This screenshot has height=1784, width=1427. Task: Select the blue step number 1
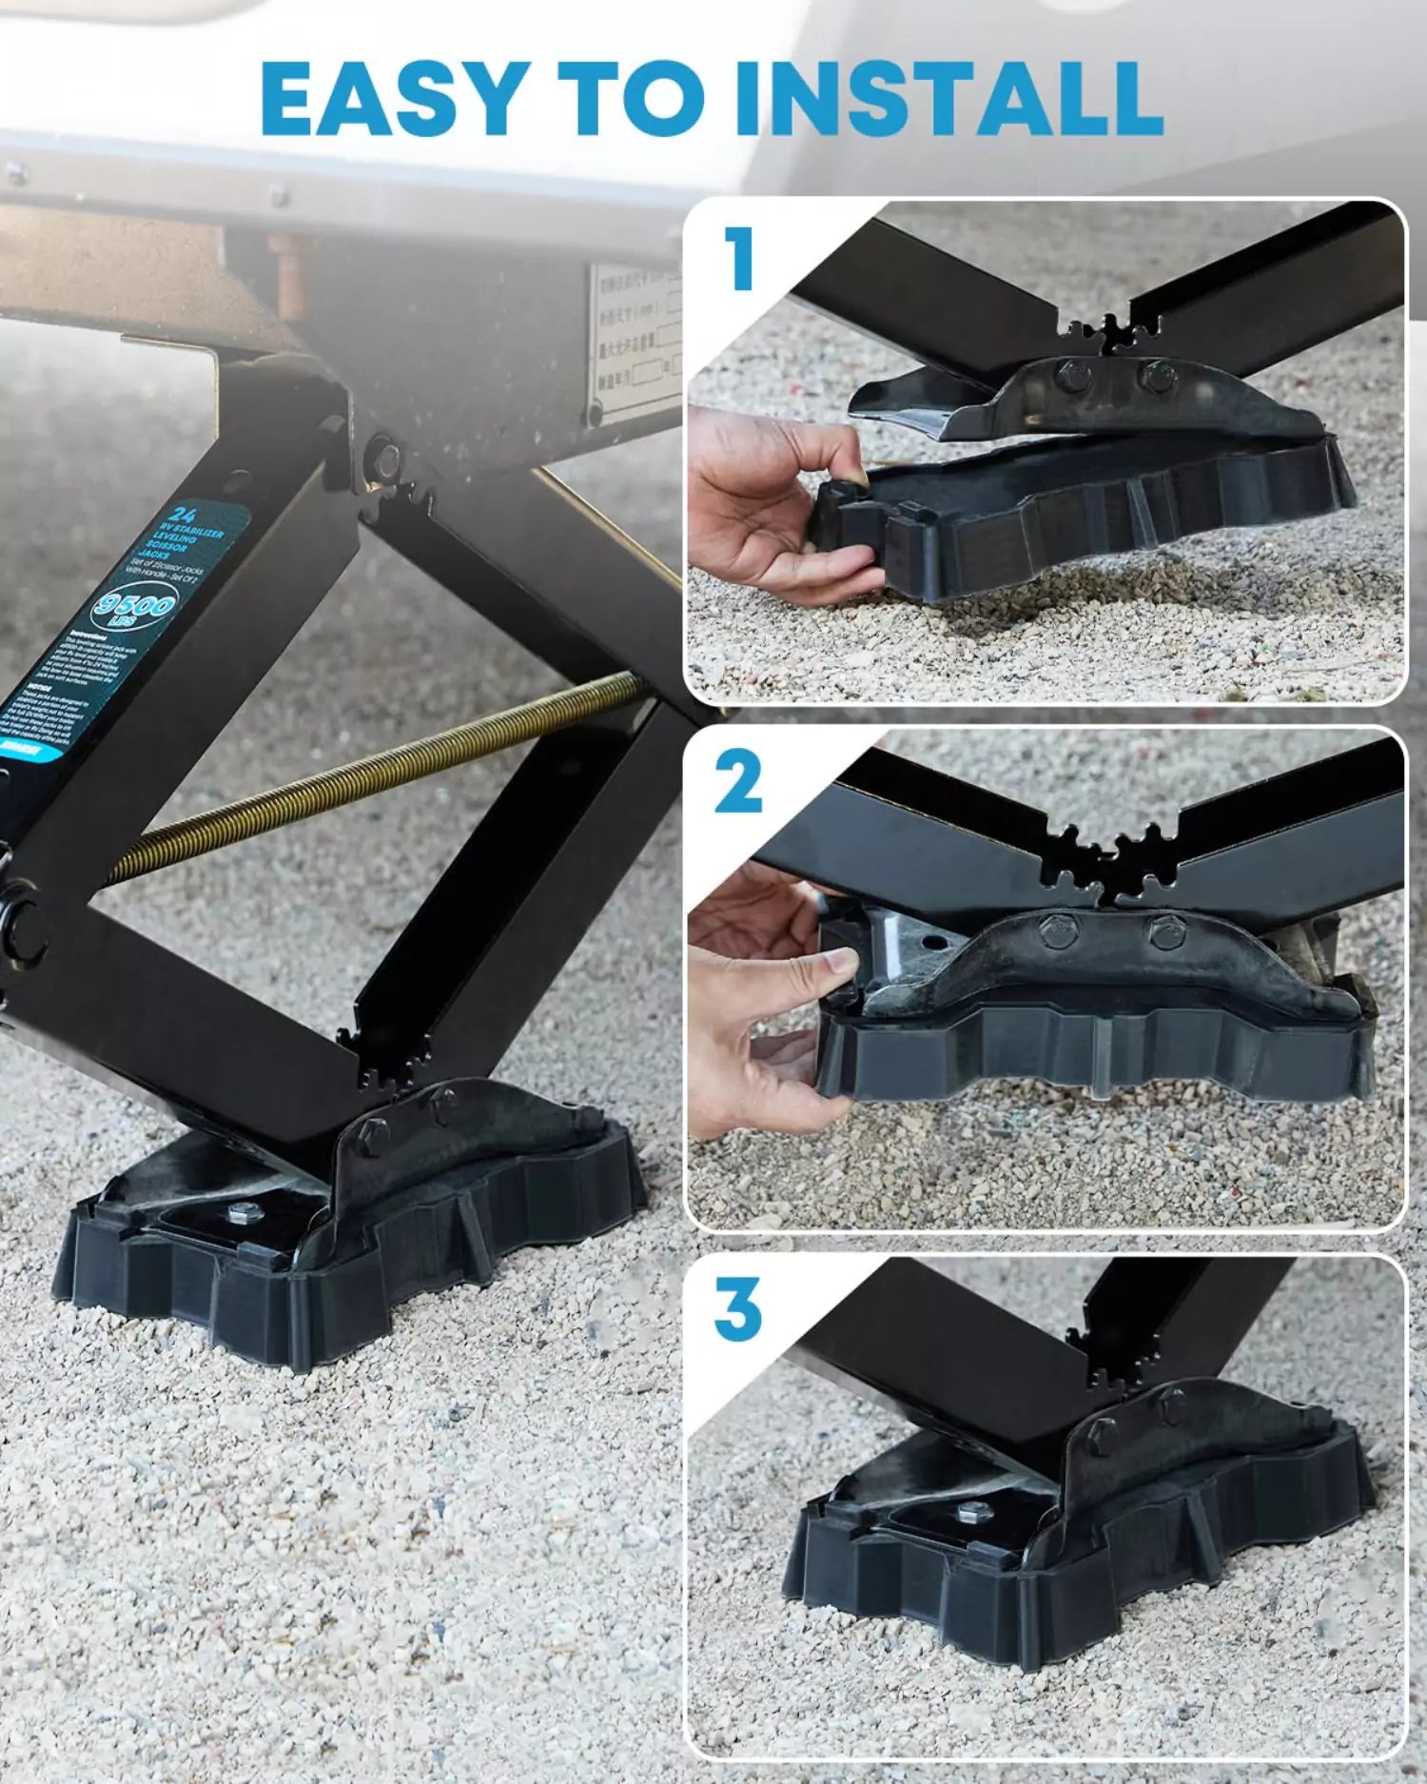pos(738,259)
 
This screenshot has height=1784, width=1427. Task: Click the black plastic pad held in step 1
pos(1094,523)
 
